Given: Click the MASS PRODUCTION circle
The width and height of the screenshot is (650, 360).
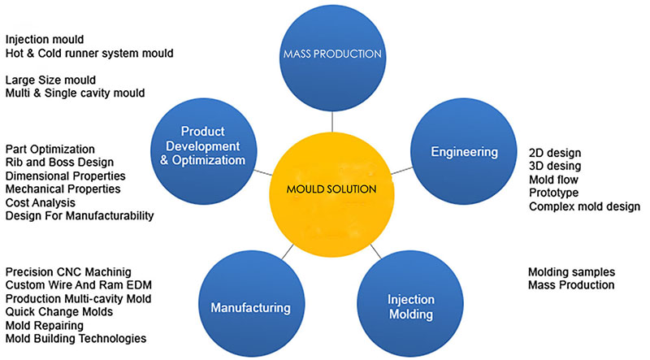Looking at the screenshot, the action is tap(332, 58).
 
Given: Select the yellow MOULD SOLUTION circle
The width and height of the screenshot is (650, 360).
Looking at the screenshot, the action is tap(331, 194).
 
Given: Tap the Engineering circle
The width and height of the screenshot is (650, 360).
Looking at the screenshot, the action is tap(464, 151).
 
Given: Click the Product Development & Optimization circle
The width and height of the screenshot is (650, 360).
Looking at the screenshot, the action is tap(204, 151).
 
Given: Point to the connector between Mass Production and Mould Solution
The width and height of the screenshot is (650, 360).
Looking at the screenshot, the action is tap(332, 122).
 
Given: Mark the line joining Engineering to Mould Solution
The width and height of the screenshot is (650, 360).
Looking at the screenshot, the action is tap(401, 171).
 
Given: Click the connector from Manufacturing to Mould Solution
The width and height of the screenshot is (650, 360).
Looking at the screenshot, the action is tap(288, 252).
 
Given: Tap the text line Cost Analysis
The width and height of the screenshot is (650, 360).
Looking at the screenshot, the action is tap(40, 202).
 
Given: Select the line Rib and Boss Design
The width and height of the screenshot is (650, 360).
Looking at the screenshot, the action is tap(59, 163).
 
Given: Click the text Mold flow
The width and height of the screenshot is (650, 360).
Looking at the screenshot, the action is tap(553, 180).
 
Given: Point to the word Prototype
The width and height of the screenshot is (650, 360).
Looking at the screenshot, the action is tap(554, 193).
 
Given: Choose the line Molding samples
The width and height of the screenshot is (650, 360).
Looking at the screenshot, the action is tap(571, 272).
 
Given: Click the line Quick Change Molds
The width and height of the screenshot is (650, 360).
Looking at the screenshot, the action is tap(58, 311).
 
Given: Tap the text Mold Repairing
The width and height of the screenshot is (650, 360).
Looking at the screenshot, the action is tap(45, 325).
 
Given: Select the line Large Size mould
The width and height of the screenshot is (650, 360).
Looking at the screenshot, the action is tap(50, 80).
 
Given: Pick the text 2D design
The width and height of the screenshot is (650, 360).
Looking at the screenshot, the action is tap(555, 153).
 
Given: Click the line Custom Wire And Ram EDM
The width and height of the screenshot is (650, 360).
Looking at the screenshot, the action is tap(78, 285).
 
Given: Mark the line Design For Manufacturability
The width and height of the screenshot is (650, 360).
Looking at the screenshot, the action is tap(80, 215).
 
